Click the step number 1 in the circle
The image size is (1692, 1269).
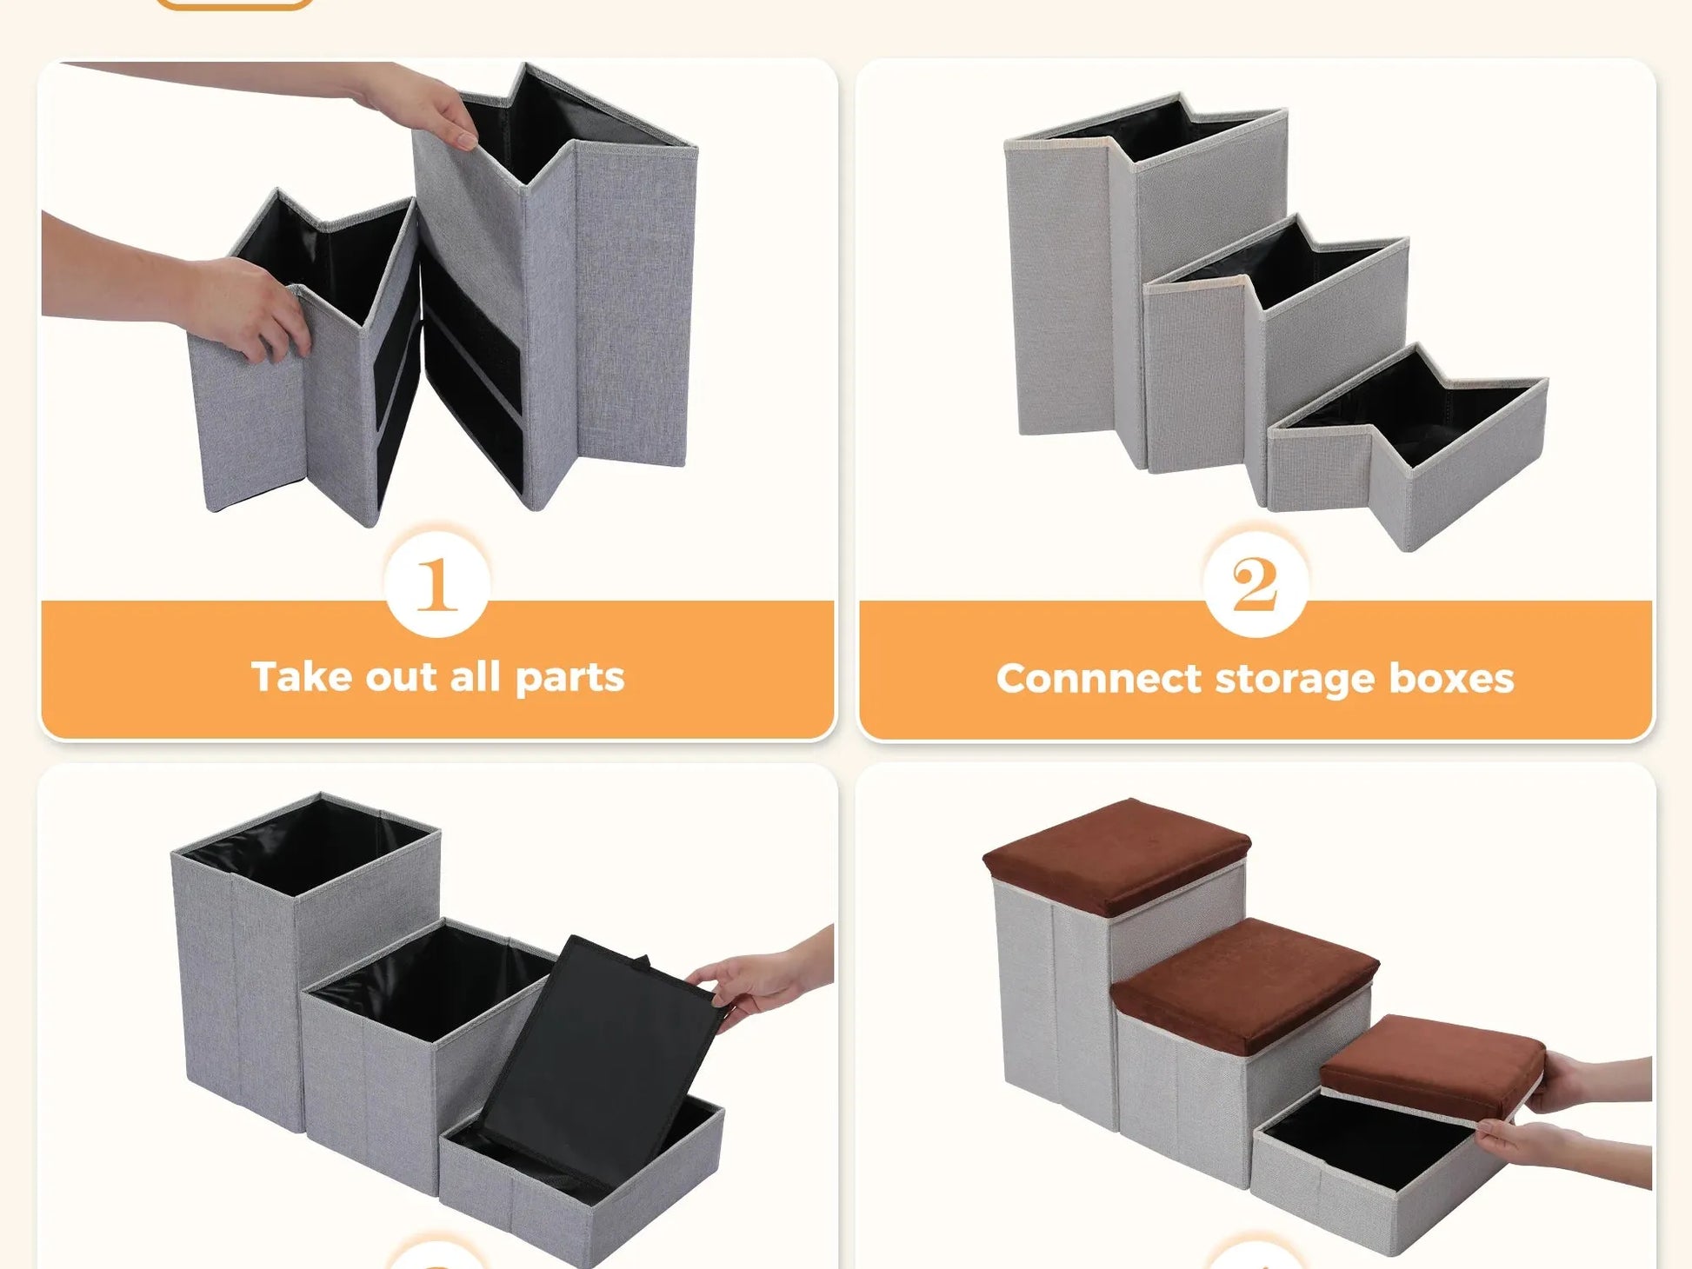(436, 584)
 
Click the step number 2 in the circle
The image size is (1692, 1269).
(1255, 584)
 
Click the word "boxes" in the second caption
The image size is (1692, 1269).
(1451, 678)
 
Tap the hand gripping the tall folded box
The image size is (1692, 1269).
(417, 104)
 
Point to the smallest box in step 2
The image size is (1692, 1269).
(1407, 448)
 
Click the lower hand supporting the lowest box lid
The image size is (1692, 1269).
(1565, 1152)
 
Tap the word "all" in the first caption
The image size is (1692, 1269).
(475, 676)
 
